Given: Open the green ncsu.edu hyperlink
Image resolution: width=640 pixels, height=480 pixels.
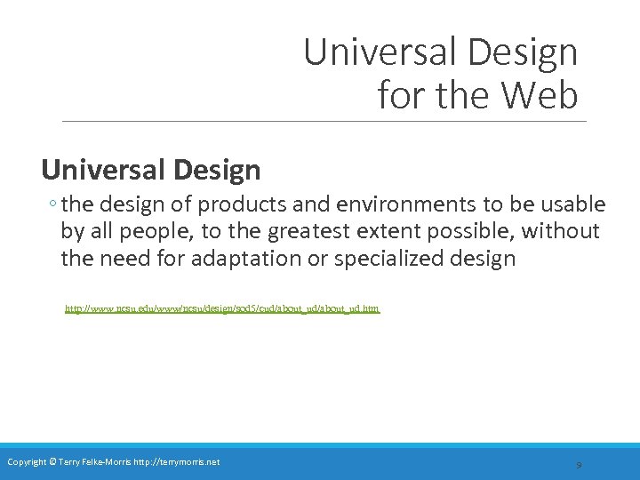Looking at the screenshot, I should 222,309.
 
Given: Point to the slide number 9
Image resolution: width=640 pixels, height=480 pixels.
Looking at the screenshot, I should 579,464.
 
